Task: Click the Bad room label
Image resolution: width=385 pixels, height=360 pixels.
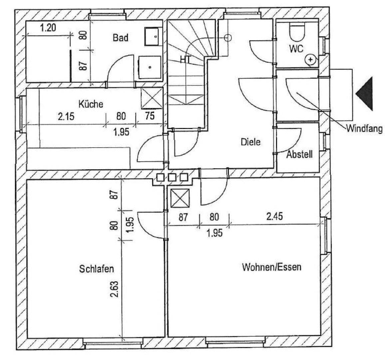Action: pyautogui.click(x=120, y=38)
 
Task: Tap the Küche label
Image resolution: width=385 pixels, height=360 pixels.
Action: pyautogui.click(x=91, y=104)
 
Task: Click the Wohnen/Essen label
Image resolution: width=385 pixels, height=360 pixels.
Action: pyautogui.click(x=271, y=267)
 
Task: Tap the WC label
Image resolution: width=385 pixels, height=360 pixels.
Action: pyautogui.click(x=296, y=49)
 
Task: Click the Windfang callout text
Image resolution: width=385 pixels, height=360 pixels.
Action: pyautogui.click(x=364, y=128)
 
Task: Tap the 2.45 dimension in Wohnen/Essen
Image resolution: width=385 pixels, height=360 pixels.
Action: pyautogui.click(x=275, y=217)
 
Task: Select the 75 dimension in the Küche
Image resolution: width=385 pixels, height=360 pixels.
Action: pyautogui.click(x=150, y=116)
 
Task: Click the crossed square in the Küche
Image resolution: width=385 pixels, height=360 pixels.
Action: pyautogui.click(x=152, y=99)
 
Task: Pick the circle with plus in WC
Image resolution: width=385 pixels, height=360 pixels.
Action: pyautogui.click(x=310, y=60)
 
